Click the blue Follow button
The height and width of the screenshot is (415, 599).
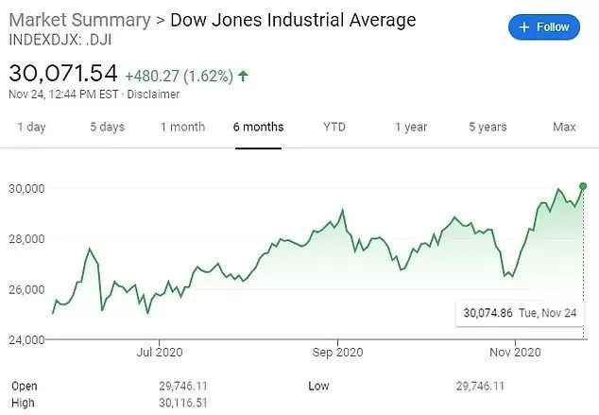pyautogui.click(x=544, y=27)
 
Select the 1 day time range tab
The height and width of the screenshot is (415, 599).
pyautogui.click(x=31, y=127)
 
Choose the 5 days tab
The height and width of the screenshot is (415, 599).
pyautogui.click(x=108, y=127)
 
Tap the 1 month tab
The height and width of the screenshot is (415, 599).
pyautogui.click(x=182, y=127)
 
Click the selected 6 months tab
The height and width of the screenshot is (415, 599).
pyautogui.click(x=258, y=127)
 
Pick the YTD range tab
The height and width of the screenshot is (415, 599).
pyautogui.click(x=334, y=127)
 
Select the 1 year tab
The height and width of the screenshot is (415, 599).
pyautogui.click(x=411, y=127)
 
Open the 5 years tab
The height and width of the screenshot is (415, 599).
pyautogui.click(x=488, y=127)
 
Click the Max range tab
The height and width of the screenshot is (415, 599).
pyautogui.click(x=564, y=127)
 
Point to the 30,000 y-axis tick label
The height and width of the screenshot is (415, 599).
pyautogui.click(x=26, y=188)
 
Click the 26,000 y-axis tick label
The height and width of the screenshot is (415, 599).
pyautogui.click(x=26, y=289)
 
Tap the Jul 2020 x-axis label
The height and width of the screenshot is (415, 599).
pyautogui.click(x=160, y=352)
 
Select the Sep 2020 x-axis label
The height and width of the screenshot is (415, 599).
pyautogui.click(x=337, y=352)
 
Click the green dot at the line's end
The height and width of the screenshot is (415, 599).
pyautogui.click(x=583, y=186)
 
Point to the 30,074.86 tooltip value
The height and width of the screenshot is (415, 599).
pyautogui.click(x=488, y=313)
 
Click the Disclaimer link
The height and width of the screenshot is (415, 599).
pyautogui.click(x=153, y=95)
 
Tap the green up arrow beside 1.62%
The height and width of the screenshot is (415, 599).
pyautogui.click(x=243, y=76)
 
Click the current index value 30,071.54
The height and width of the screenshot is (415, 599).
pyautogui.click(x=63, y=73)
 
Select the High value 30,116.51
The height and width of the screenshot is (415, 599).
pyautogui.click(x=183, y=403)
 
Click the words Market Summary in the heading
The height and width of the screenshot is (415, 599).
pyautogui.click(x=79, y=20)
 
